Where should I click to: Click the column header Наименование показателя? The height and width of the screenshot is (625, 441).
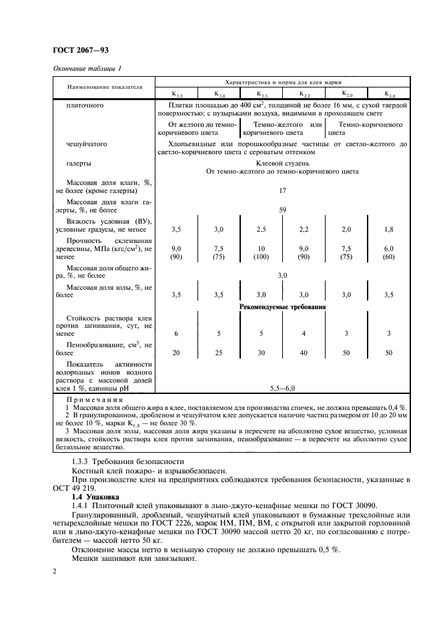click(x=104, y=87)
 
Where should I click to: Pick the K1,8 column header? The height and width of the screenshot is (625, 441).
click(x=389, y=94)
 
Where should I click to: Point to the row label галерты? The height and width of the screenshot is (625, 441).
click(x=79, y=162)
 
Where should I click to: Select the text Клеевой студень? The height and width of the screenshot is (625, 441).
click(x=283, y=162)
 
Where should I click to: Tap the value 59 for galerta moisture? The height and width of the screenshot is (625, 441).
click(x=282, y=210)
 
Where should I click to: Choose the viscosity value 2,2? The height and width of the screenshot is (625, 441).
click(x=304, y=229)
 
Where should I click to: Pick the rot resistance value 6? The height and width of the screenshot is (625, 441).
click(x=176, y=333)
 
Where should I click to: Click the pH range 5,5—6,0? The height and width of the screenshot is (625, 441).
click(x=282, y=387)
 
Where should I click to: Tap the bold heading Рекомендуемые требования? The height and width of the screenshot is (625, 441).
click(x=282, y=307)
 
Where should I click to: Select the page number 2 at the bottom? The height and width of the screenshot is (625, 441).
click(x=55, y=572)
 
